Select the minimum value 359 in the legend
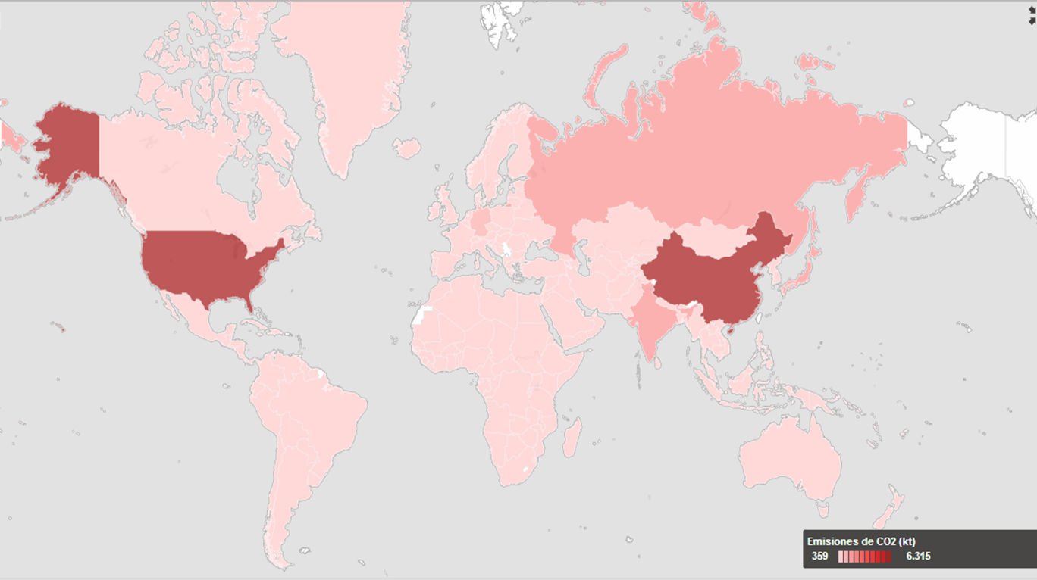point(819,557)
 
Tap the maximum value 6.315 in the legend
point(918,557)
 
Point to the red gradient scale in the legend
point(865,557)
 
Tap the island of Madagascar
point(574,438)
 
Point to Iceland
point(406,148)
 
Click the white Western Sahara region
point(421,315)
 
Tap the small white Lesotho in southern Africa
point(525,470)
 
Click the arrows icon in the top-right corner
point(1031,15)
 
